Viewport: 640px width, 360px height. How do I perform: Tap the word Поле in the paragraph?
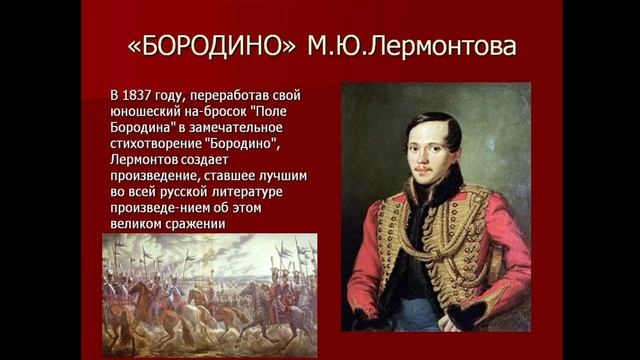(282, 113)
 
